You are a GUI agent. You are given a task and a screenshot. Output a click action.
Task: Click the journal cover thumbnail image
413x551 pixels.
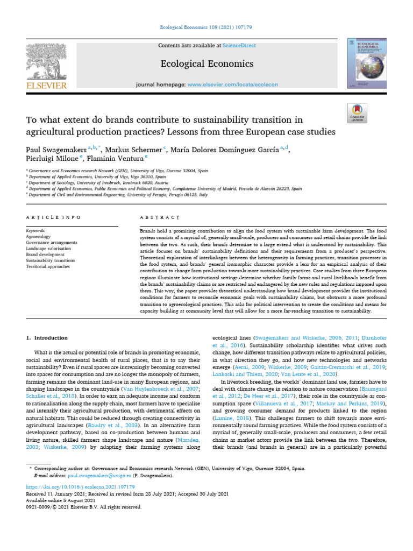[x=367, y=63]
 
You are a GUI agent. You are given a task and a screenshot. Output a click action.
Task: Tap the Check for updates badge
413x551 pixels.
[x=358, y=111]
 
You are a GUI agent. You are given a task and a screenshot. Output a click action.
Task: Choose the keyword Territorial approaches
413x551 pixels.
[x=49, y=266]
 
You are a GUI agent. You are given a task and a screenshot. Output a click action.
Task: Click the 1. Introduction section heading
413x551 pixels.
[x=47, y=338]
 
